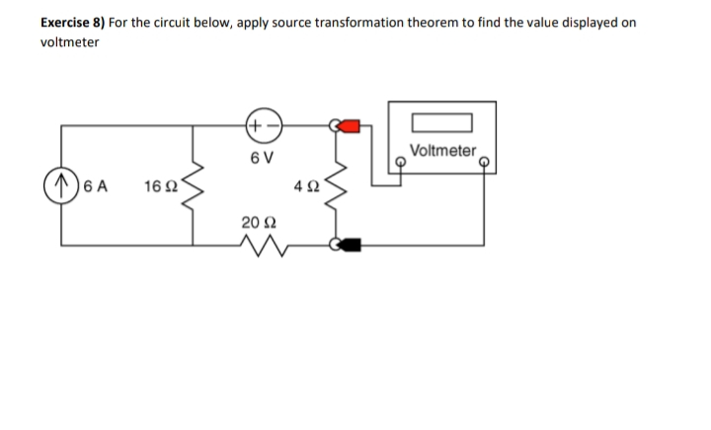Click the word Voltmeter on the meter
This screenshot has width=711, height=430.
[x=440, y=151]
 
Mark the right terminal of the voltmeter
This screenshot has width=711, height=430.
[x=484, y=162]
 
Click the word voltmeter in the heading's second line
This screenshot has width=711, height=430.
[x=69, y=42]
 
